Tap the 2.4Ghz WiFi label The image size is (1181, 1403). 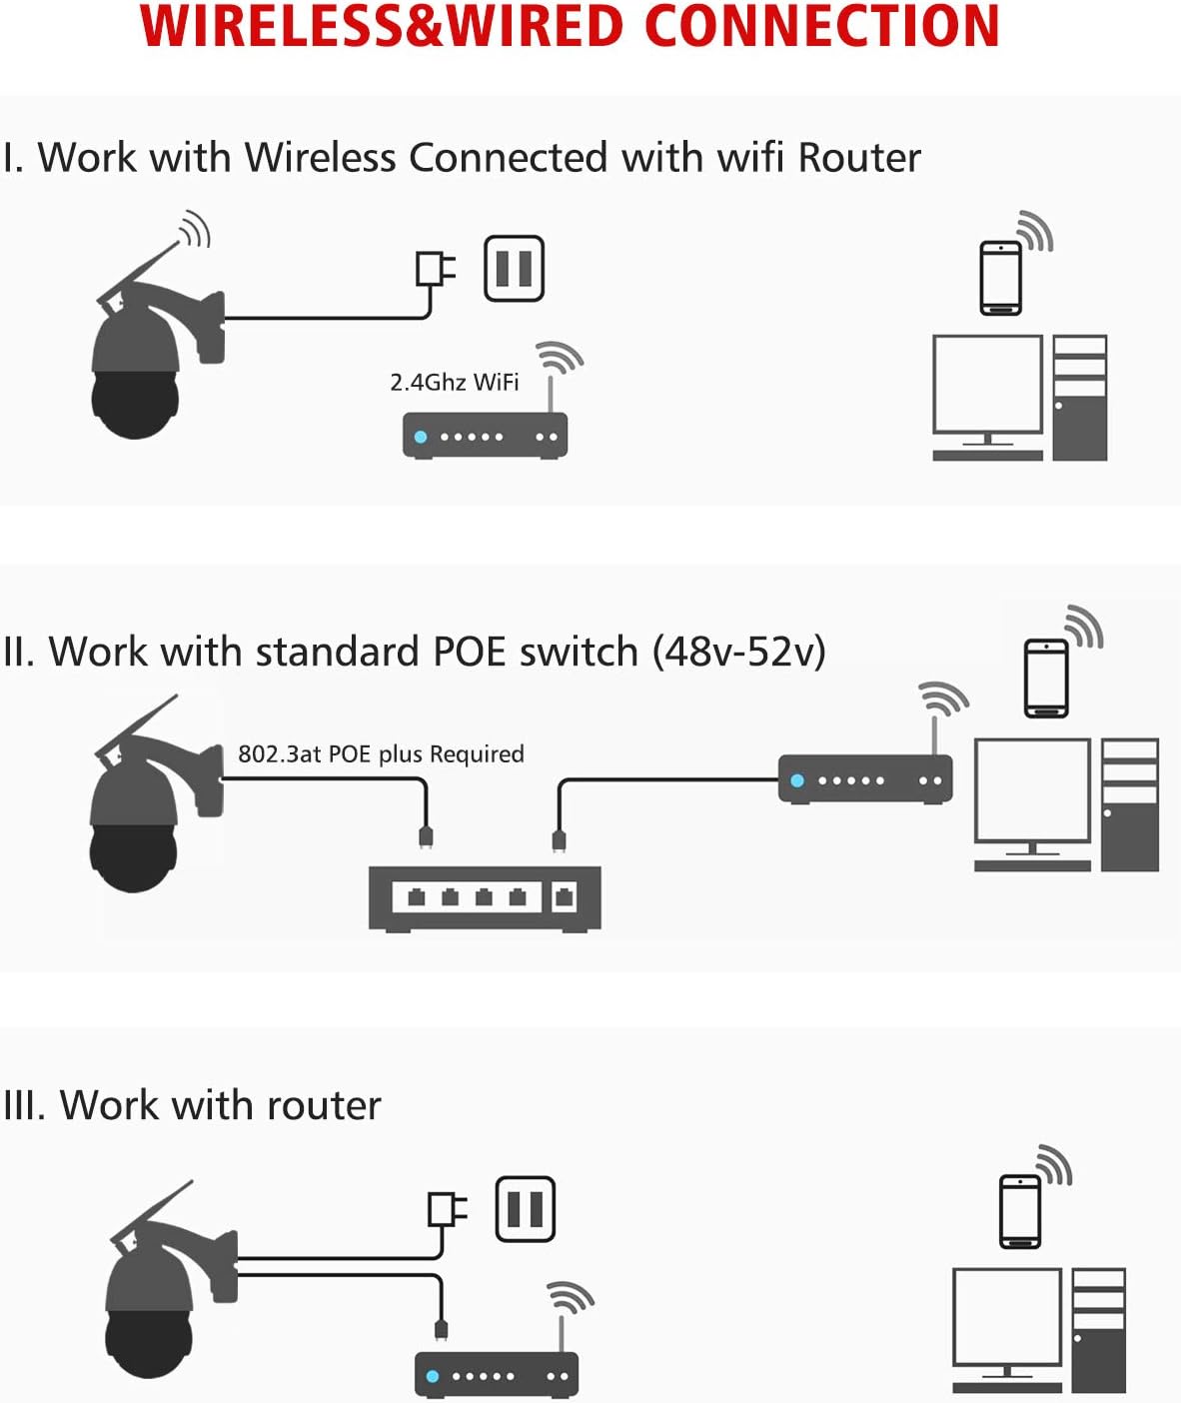454,382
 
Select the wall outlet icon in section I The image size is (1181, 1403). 514,268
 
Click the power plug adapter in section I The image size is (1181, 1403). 435,269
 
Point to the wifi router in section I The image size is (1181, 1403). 485,436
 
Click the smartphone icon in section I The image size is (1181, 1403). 1000,278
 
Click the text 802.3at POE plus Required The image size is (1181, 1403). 381,753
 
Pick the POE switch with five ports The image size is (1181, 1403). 485,897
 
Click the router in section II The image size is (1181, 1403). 864,779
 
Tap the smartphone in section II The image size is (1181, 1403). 1046,677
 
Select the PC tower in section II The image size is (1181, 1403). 1129,804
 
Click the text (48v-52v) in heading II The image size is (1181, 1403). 738,652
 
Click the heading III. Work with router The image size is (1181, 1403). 192,1105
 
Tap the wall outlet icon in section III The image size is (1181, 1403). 525,1209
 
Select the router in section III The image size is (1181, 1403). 497,1375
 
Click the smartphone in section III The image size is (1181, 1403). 1020,1211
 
